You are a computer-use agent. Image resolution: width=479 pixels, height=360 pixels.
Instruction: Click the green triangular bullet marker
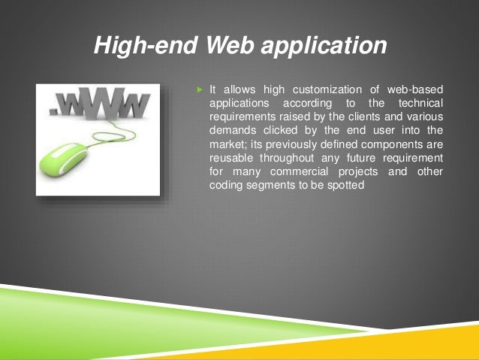(x=200, y=90)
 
